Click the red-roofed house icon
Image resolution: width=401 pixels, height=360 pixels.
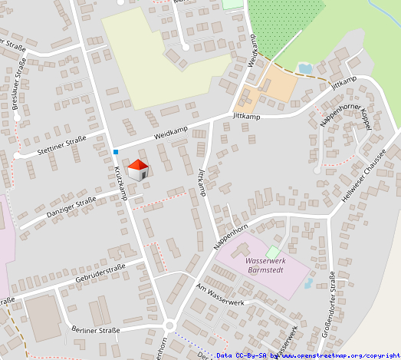pyautogui.click(x=138, y=170)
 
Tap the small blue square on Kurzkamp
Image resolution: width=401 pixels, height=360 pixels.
pyautogui.click(x=115, y=151)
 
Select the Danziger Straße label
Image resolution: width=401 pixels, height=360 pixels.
pyautogui.click(x=71, y=206)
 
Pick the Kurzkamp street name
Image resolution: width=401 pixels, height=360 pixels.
pyautogui.click(x=121, y=183)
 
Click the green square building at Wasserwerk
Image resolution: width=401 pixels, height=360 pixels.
pyautogui.click(x=273, y=252)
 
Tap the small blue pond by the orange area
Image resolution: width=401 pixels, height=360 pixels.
pyautogui.click(x=304, y=69)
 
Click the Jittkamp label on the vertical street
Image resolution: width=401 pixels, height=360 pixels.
pyautogui.click(x=202, y=181)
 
